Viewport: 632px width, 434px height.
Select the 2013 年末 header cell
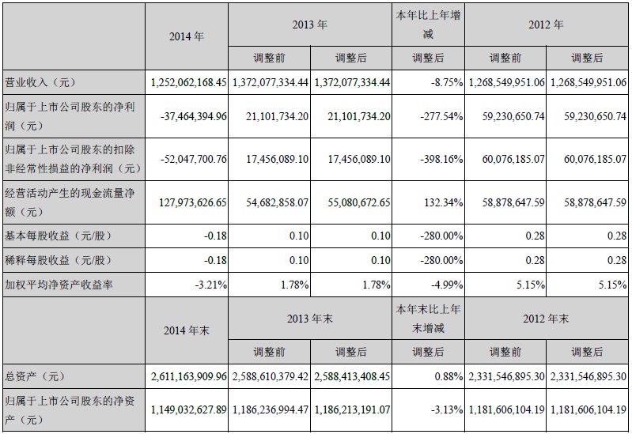point(310,319)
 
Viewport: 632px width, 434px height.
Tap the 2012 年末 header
point(546,319)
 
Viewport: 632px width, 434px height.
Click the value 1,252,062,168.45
point(188,81)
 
